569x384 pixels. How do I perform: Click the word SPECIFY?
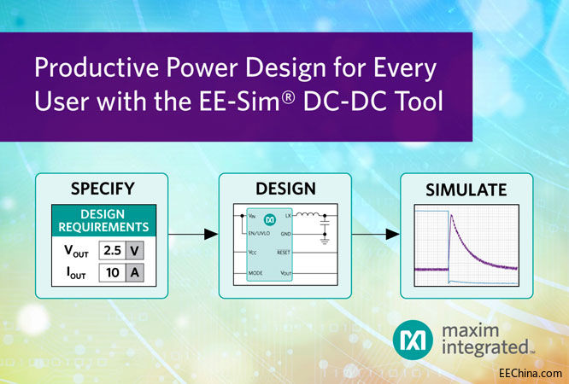pyautogui.click(x=102, y=189)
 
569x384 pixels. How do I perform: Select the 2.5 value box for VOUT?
pyautogui.click(x=111, y=250)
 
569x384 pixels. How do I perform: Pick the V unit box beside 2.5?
pyautogui.click(x=135, y=250)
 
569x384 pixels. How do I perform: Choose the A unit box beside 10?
pyautogui.click(x=135, y=273)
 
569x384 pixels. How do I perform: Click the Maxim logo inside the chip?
pyautogui.click(x=270, y=219)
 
